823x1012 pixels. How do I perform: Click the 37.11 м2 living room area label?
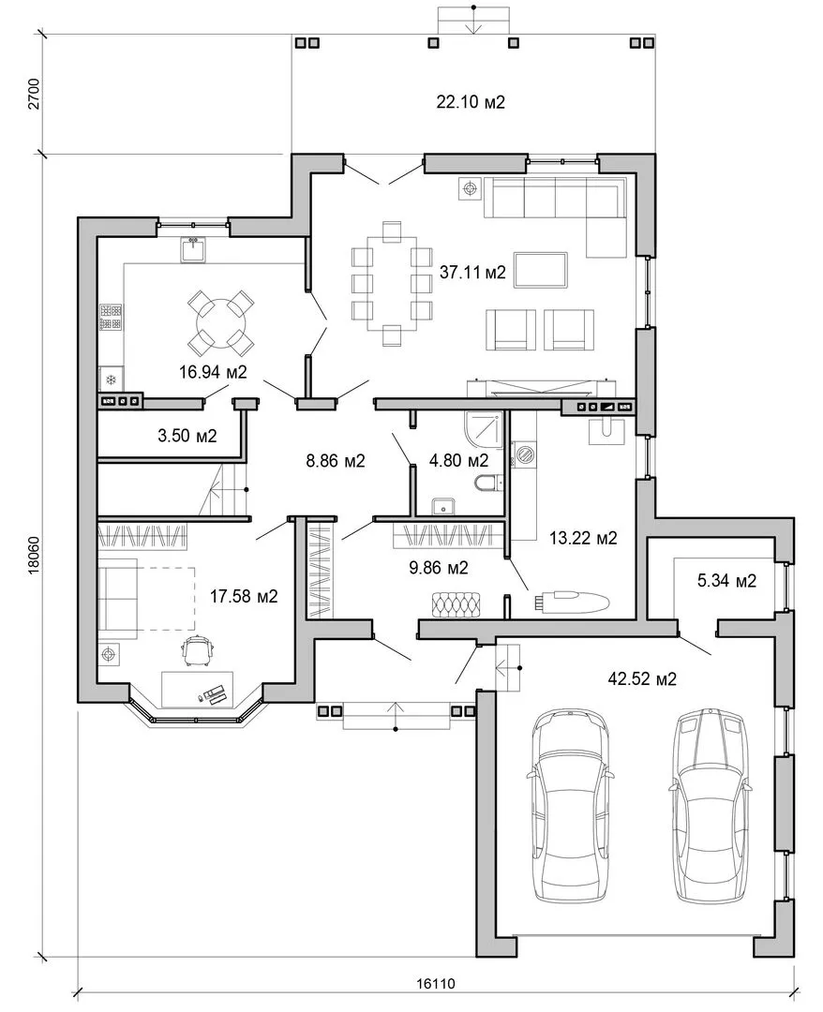[472, 273]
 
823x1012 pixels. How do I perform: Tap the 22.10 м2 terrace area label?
[471, 101]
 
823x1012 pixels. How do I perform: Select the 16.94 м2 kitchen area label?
[213, 372]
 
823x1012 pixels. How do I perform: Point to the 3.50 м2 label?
[187, 436]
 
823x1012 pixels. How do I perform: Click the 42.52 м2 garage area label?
[642, 678]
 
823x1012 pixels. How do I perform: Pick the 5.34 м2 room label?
[726, 581]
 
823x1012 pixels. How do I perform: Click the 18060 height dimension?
[34, 555]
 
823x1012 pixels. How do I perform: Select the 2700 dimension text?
[34, 95]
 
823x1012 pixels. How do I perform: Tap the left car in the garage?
[569, 806]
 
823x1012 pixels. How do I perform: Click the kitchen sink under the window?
[194, 249]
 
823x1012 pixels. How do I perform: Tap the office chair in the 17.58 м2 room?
[198, 650]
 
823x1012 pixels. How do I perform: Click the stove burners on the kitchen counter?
[111, 319]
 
